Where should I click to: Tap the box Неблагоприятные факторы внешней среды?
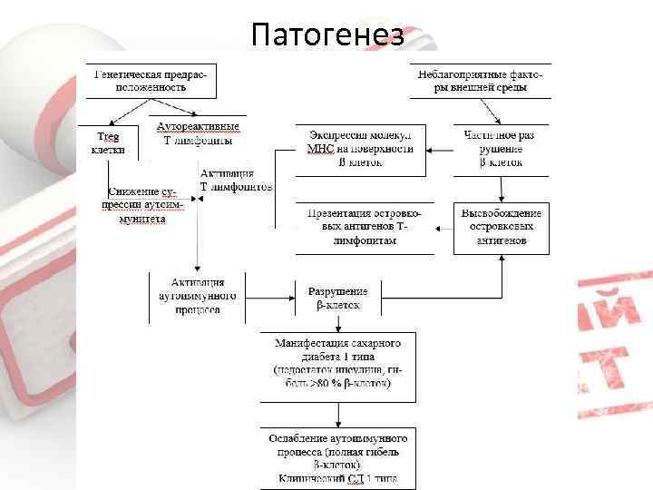click(x=481, y=82)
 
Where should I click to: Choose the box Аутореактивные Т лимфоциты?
click(x=198, y=133)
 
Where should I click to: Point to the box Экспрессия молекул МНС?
click(x=360, y=149)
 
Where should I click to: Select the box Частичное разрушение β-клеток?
click(x=501, y=149)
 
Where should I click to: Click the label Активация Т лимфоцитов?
click(x=235, y=179)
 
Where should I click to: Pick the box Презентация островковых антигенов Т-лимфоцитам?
click(x=365, y=228)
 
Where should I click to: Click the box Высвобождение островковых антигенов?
click(x=501, y=228)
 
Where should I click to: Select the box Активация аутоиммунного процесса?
click(x=197, y=296)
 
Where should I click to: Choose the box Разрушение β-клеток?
click(x=338, y=298)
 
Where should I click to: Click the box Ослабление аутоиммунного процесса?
click(x=337, y=456)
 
